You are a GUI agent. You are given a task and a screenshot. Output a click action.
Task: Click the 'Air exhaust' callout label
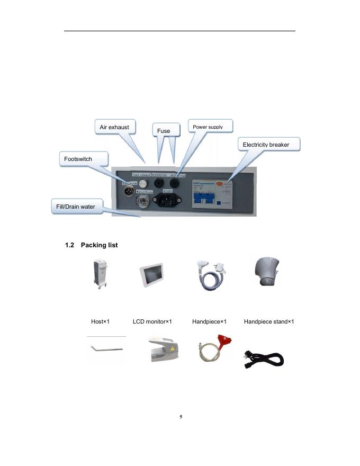tap(115, 127)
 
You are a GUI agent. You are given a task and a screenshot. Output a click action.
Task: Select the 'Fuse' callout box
tap(164, 130)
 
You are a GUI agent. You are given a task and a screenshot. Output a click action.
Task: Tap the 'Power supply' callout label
tap(208, 127)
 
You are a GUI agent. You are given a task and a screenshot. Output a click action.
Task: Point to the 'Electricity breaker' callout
tap(266, 145)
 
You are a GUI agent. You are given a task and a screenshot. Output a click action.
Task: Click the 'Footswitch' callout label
tap(78, 159)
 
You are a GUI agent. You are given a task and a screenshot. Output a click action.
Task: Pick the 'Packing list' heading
tap(91, 245)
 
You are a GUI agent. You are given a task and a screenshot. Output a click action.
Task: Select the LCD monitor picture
tap(153, 276)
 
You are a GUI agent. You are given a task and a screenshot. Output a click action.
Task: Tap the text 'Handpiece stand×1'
tap(268, 321)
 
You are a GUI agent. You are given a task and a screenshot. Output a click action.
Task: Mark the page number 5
tap(181, 417)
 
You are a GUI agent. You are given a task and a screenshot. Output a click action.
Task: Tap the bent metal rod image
tap(106, 349)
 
